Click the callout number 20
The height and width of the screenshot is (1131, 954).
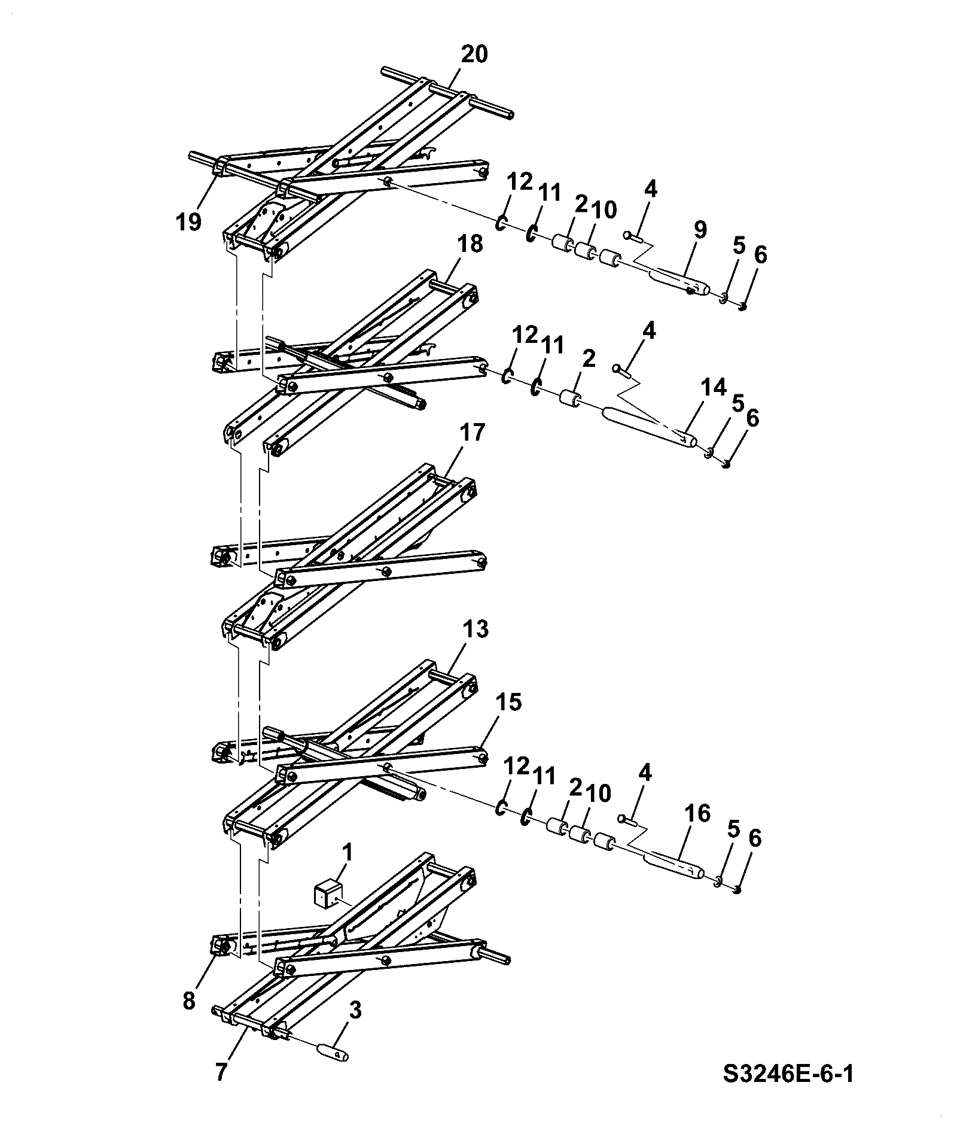474,55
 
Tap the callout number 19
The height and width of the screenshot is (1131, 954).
188,222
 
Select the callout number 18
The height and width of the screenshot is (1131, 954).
470,244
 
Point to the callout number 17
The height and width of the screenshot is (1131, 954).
472,431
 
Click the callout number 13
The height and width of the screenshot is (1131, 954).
476,629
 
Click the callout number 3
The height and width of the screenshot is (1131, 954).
355,1010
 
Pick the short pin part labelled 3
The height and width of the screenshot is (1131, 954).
333,1051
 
